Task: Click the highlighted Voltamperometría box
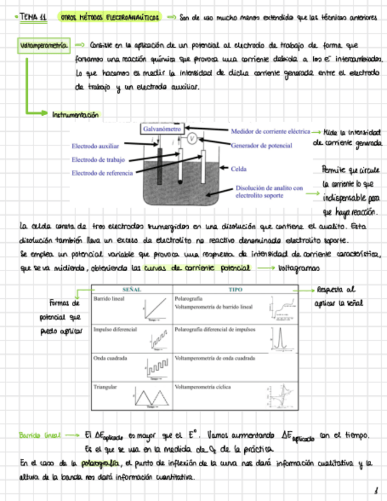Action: (x=45, y=45)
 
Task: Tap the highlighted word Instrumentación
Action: (x=75, y=115)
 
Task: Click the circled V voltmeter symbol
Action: (x=192, y=138)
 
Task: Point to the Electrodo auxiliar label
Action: (x=95, y=145)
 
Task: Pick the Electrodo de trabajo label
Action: (x=97, y=160)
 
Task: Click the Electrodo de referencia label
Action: (x=102, y=173)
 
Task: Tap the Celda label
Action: (x=238, y=168)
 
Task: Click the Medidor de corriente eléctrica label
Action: (x=270, y=131)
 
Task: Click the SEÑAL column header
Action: (x=131, y=290)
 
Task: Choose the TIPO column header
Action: (x=235, y=290)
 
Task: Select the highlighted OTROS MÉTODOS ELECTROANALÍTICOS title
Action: (x=110, y=18)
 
